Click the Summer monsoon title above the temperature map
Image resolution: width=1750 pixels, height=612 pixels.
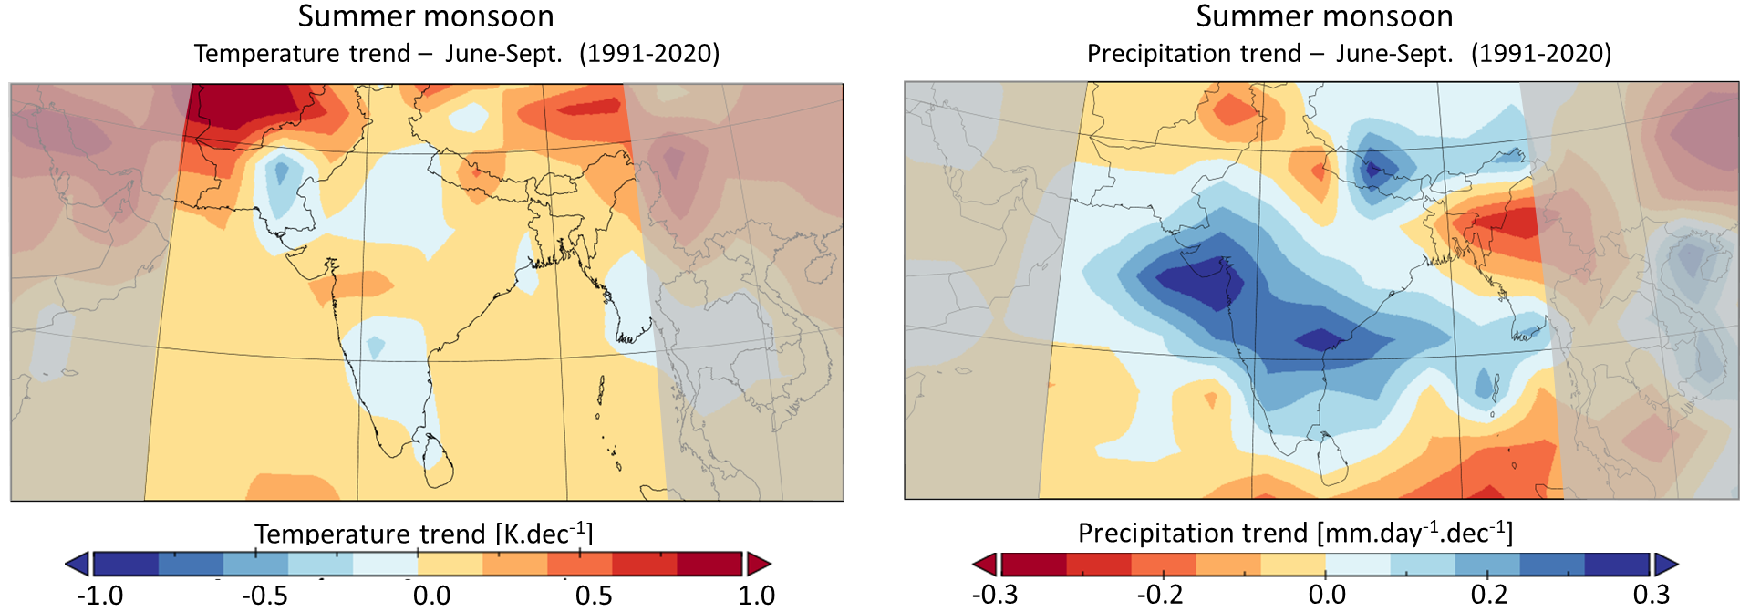coord(425,16)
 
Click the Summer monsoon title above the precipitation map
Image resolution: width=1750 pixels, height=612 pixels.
coord(1324,16)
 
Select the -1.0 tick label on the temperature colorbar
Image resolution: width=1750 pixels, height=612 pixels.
coord(99,596)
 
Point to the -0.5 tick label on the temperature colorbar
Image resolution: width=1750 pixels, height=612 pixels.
coord(264,596)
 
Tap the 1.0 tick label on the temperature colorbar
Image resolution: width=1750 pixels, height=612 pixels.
coord(756,596)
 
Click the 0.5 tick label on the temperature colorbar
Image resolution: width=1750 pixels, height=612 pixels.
coord(594,596)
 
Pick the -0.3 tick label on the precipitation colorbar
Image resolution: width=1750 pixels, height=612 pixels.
coord(994,595)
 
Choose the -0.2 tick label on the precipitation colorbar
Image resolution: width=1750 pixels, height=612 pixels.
coord(1160,595)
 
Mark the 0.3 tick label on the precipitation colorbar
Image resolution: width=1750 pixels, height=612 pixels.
coord(1651,595)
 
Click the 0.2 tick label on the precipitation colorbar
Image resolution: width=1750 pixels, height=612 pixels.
coord(1489,595)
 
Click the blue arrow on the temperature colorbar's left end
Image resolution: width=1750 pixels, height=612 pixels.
coord(78,564)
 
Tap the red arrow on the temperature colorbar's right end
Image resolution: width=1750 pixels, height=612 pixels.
coord(758,564)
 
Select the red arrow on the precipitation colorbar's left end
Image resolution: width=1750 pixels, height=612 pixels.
coord(985,564)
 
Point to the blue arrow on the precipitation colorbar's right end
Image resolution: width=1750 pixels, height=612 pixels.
coord(1665,564)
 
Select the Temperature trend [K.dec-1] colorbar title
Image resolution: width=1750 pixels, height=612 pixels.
coord(424,534)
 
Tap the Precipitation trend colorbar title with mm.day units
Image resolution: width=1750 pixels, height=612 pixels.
coord(1295,533)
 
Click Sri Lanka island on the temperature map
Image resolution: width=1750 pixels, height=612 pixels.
coord(439,462)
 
